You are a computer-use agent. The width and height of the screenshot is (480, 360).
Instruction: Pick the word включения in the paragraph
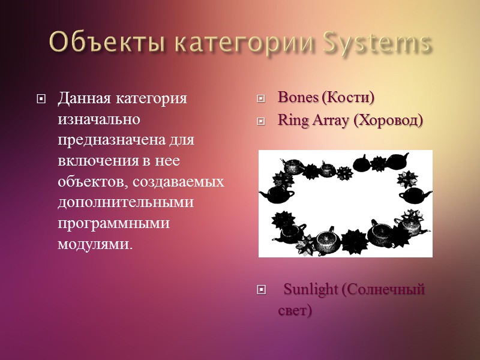coord(94,161)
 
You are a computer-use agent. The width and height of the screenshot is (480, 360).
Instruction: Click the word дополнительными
coord(125,203)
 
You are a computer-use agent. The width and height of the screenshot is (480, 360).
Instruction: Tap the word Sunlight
coord(311,290)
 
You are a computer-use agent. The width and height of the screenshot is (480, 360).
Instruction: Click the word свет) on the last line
coord(295,311)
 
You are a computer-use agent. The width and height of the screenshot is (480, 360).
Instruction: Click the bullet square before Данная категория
coord(41,98)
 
